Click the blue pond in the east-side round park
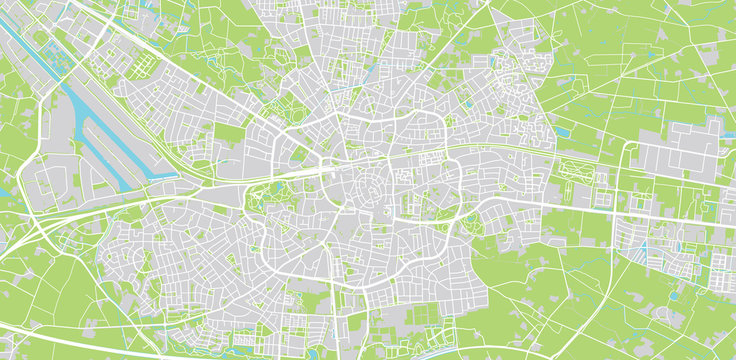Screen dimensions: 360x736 click(x=471, y=216)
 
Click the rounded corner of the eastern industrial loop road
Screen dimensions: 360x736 click(x=630, y=147)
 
